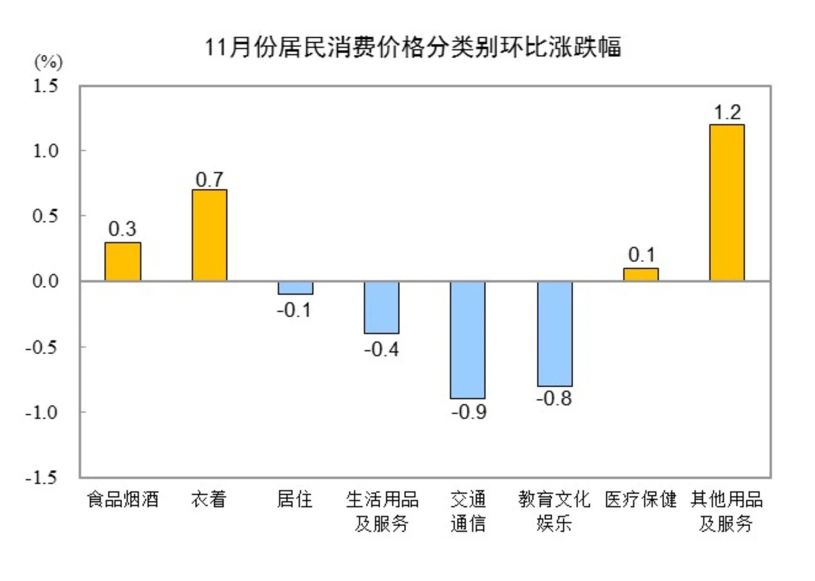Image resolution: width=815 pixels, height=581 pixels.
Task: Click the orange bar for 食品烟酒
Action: [123, 261]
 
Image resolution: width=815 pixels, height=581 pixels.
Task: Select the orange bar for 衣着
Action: [209, 235]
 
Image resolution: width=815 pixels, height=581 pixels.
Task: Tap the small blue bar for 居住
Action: [296, 288]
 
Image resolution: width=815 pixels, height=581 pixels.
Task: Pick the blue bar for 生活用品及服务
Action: [382, 307]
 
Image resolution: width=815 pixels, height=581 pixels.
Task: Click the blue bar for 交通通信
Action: [468, 339]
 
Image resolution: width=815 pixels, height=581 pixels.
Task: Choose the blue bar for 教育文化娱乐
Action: [554, 334]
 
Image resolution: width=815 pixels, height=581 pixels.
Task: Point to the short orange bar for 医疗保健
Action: [641, 274]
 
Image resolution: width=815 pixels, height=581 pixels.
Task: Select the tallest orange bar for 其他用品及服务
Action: [727, 203]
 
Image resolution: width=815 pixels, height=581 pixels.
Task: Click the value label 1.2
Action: [727, 112]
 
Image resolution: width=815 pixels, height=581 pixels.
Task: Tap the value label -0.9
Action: [469, 412]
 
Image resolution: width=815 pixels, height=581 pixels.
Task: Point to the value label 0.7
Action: [209, 180]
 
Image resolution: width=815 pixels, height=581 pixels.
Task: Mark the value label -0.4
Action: [382, 350]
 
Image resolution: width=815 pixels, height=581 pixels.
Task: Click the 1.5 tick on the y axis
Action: [46, 86]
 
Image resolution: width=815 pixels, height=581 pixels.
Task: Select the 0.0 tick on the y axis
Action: [46, 281]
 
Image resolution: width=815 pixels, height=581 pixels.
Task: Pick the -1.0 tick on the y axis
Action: [42, 412]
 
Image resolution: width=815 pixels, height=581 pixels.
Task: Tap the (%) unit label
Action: [48, 62]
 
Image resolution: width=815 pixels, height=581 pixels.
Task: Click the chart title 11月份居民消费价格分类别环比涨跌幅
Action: [413, 47]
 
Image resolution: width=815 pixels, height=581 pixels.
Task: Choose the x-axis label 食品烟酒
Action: [123, 499]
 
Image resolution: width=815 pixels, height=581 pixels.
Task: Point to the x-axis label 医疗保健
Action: [641, 499]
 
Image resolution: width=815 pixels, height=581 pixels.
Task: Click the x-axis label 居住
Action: [295, 499]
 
